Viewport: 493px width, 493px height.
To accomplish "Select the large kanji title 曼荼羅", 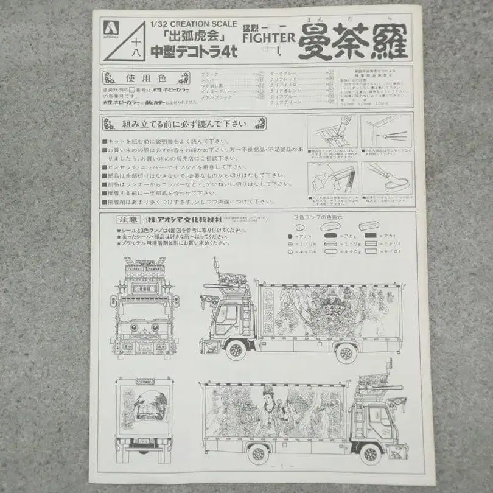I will point(353,43).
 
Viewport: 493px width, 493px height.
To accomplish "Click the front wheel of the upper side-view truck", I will point(236,351).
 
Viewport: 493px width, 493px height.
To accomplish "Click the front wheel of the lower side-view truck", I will point(369,453).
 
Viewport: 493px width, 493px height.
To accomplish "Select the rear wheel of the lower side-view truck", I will point(257,453).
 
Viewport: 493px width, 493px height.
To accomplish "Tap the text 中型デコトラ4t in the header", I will point(194,52).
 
